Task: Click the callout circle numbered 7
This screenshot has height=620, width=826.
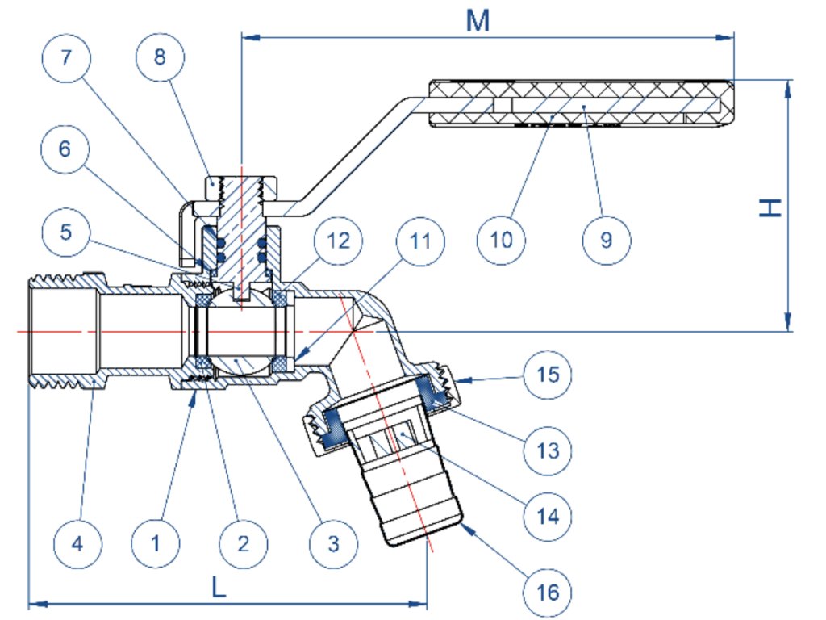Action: coord(66,57)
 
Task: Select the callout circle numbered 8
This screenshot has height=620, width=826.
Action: coord(161,57)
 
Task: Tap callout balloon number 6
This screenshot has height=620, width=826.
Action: coord(65,149)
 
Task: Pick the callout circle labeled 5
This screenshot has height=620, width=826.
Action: coord(66,232)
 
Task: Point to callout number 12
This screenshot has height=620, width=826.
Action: coord(338,241)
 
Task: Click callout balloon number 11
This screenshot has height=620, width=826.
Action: coord(420,241)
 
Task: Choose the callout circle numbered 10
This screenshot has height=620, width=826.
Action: coord(501,240)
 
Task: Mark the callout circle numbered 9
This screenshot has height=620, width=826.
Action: coord(607,240)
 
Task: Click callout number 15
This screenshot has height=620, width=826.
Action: coord(548,375)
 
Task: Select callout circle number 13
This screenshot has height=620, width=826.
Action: coord(548,450)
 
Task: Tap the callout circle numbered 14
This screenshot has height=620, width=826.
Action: coord(548,517)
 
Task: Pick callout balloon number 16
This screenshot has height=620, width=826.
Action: coord(548,593)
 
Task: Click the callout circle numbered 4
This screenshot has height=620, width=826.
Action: coord(77,543)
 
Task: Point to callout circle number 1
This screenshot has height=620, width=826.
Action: coord(156,543)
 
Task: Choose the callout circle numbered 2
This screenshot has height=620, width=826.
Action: coord(244,543)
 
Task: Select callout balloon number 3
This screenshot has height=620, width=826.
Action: coord(333,543)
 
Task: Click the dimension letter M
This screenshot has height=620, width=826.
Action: coord(478,21)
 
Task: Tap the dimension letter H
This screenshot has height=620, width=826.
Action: coord(770,207)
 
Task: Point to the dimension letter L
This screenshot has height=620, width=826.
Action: coord(219,586)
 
